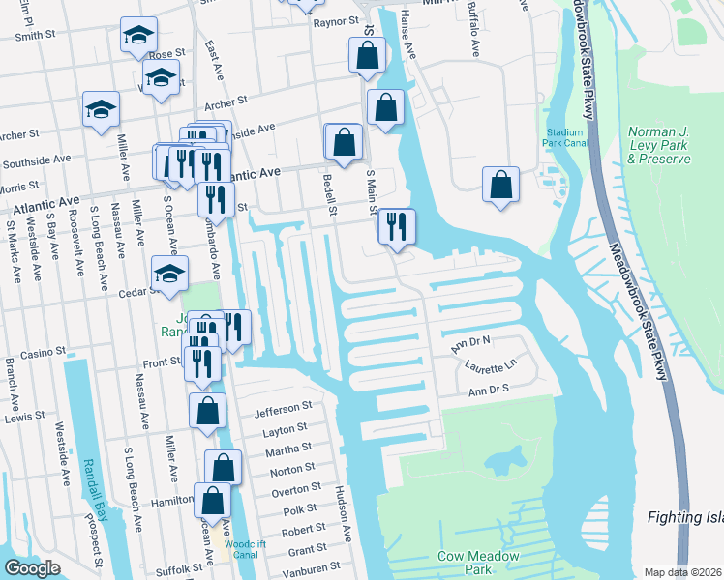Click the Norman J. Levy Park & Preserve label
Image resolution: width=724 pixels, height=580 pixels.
tap(658, 145)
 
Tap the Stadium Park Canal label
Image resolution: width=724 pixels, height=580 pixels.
tap(564, 137)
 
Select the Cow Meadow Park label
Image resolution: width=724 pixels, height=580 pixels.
tap(478, 563)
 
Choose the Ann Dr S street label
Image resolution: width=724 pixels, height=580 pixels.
tap(488, 391)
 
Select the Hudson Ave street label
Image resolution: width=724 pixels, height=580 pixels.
tap(344, 512)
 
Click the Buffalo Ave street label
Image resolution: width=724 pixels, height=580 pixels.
tap(473, 16)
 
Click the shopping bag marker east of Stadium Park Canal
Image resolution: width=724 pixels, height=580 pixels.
tap(500, 185)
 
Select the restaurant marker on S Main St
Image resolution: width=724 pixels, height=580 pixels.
tap(396, 226)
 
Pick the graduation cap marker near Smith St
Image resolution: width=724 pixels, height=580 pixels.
tap(138, 37)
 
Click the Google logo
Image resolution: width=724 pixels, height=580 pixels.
tap(33, 568)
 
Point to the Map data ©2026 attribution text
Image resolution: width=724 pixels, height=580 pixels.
tap(682, 572)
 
